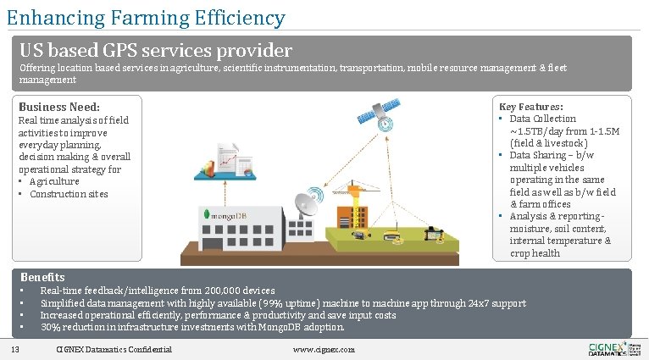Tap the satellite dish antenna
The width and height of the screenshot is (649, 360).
click(x=306, y=206)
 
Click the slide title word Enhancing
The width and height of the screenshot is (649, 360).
click(x=49, y=17)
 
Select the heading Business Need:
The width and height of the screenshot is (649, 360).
click(x=59, y=108)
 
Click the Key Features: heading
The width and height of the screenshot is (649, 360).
click(x=531, y=107)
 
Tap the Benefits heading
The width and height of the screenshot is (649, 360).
click(x=42, y=277)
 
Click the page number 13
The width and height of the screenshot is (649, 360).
click(x=15, y=350)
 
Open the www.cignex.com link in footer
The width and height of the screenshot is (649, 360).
click(x=324, y=350)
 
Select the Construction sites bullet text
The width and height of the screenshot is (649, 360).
click(x=69, y=194)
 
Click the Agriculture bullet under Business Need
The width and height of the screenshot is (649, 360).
click(x=54, y=181)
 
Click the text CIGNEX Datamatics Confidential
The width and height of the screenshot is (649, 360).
click(x=114, y=350)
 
